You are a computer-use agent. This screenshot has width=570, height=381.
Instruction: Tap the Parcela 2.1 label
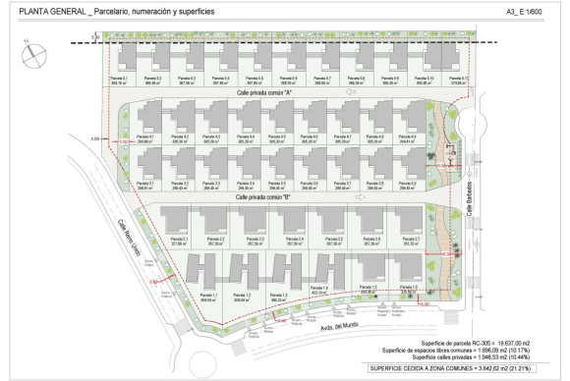151,240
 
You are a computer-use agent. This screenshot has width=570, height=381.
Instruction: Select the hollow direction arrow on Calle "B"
360,196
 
